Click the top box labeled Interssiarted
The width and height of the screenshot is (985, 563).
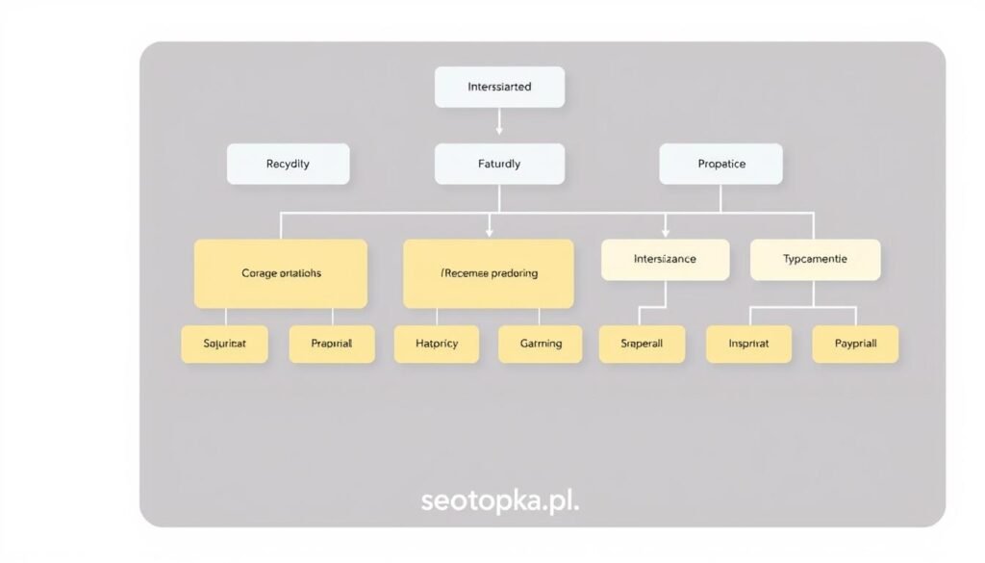[x=499, y=87]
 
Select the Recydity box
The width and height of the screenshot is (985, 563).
[x=288, y=164]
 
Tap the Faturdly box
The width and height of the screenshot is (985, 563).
[x=499, y=164]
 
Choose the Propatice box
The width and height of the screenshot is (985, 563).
[x=720, y=164]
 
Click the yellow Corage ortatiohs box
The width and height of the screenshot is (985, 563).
[x=281, y=273]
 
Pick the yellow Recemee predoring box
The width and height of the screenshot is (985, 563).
[x=489, y=273]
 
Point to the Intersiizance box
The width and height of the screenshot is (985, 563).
[x=665, y=260]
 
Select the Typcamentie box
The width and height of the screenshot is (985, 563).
[x=815, y=260]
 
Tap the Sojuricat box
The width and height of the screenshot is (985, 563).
[x=224, y=344]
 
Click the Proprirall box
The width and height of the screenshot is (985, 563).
[x=332, y=344]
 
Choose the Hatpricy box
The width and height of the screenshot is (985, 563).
[x=437, y=344]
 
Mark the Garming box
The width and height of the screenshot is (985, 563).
[x=540, y=344]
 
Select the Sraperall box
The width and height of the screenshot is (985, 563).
[x=642, y=344]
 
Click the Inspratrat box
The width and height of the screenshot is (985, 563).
[x=749, y=344]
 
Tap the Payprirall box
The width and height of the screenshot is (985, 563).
[x=855, y=344]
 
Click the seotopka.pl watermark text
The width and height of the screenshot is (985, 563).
[x=500, y=500]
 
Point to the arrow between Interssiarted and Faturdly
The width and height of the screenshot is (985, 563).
[x=499, y=122]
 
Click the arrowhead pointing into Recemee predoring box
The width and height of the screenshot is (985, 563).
[x=490, y=232]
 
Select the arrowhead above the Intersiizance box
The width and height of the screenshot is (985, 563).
[x=665, y=232]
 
